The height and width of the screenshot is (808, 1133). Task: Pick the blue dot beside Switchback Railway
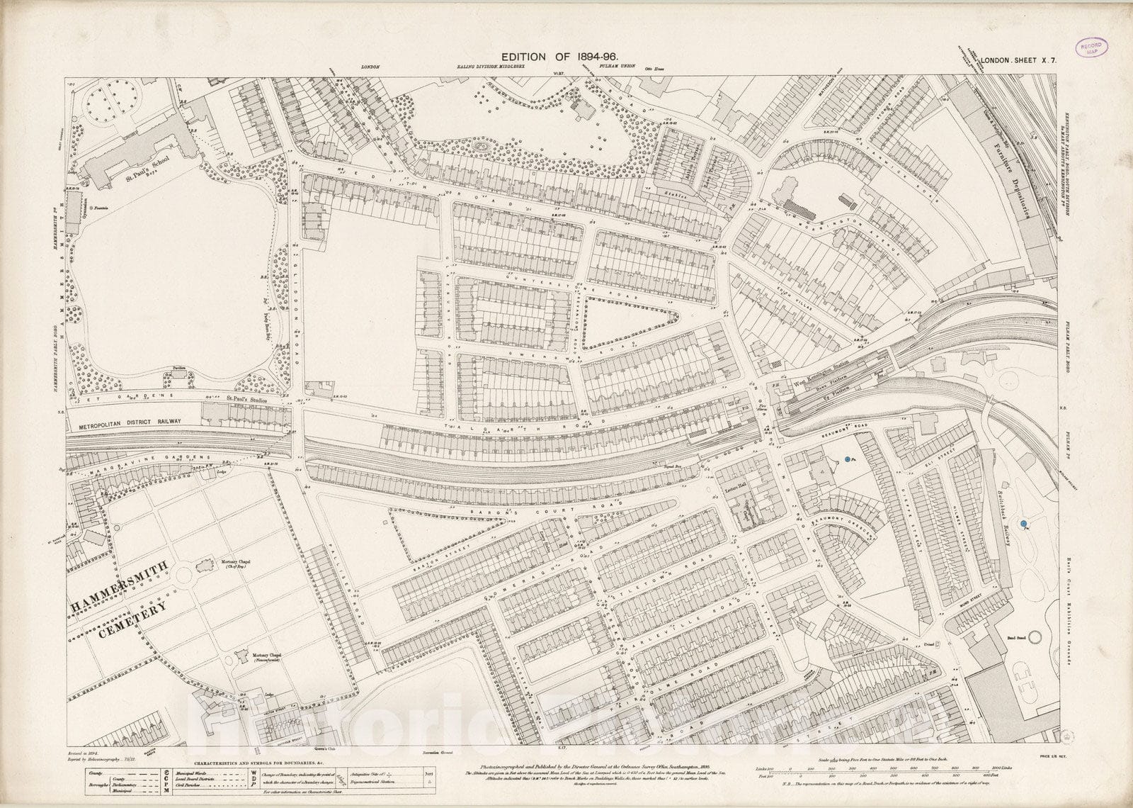[1023, 524]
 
